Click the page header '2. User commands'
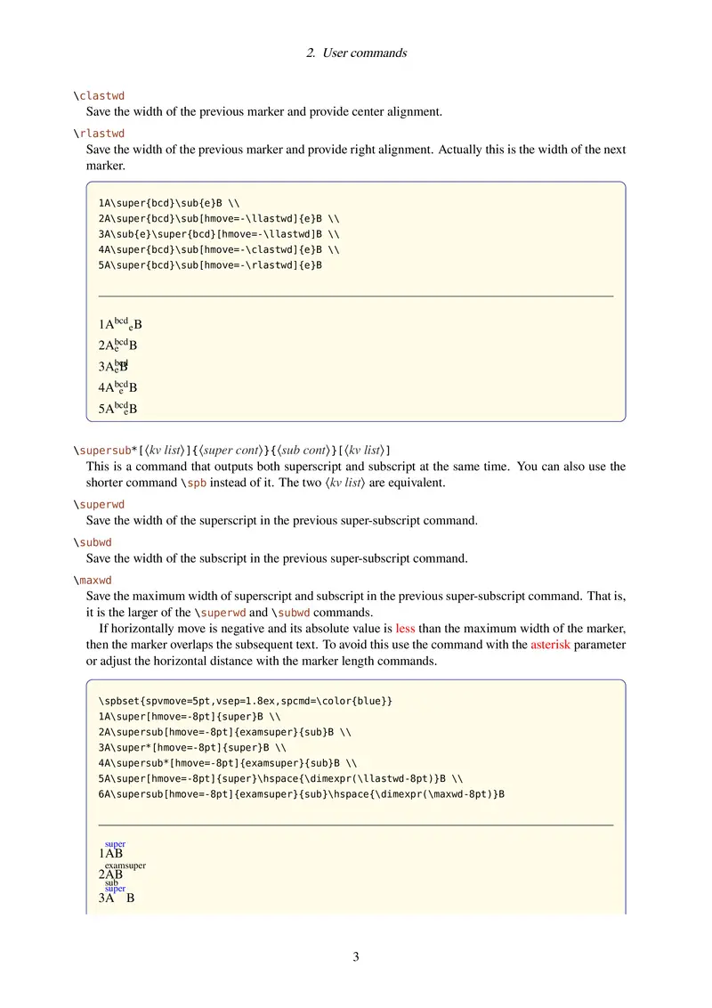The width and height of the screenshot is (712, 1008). [x=356, y=53]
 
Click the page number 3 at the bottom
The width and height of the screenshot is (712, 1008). [x=356, y=957]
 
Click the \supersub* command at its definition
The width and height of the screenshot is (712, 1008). [x=108, y=450]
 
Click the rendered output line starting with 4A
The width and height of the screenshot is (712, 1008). [x=118, y=387]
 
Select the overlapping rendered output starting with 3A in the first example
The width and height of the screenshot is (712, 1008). [x=114, y=366]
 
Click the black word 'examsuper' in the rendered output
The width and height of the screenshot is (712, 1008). [x=125, y=865]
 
